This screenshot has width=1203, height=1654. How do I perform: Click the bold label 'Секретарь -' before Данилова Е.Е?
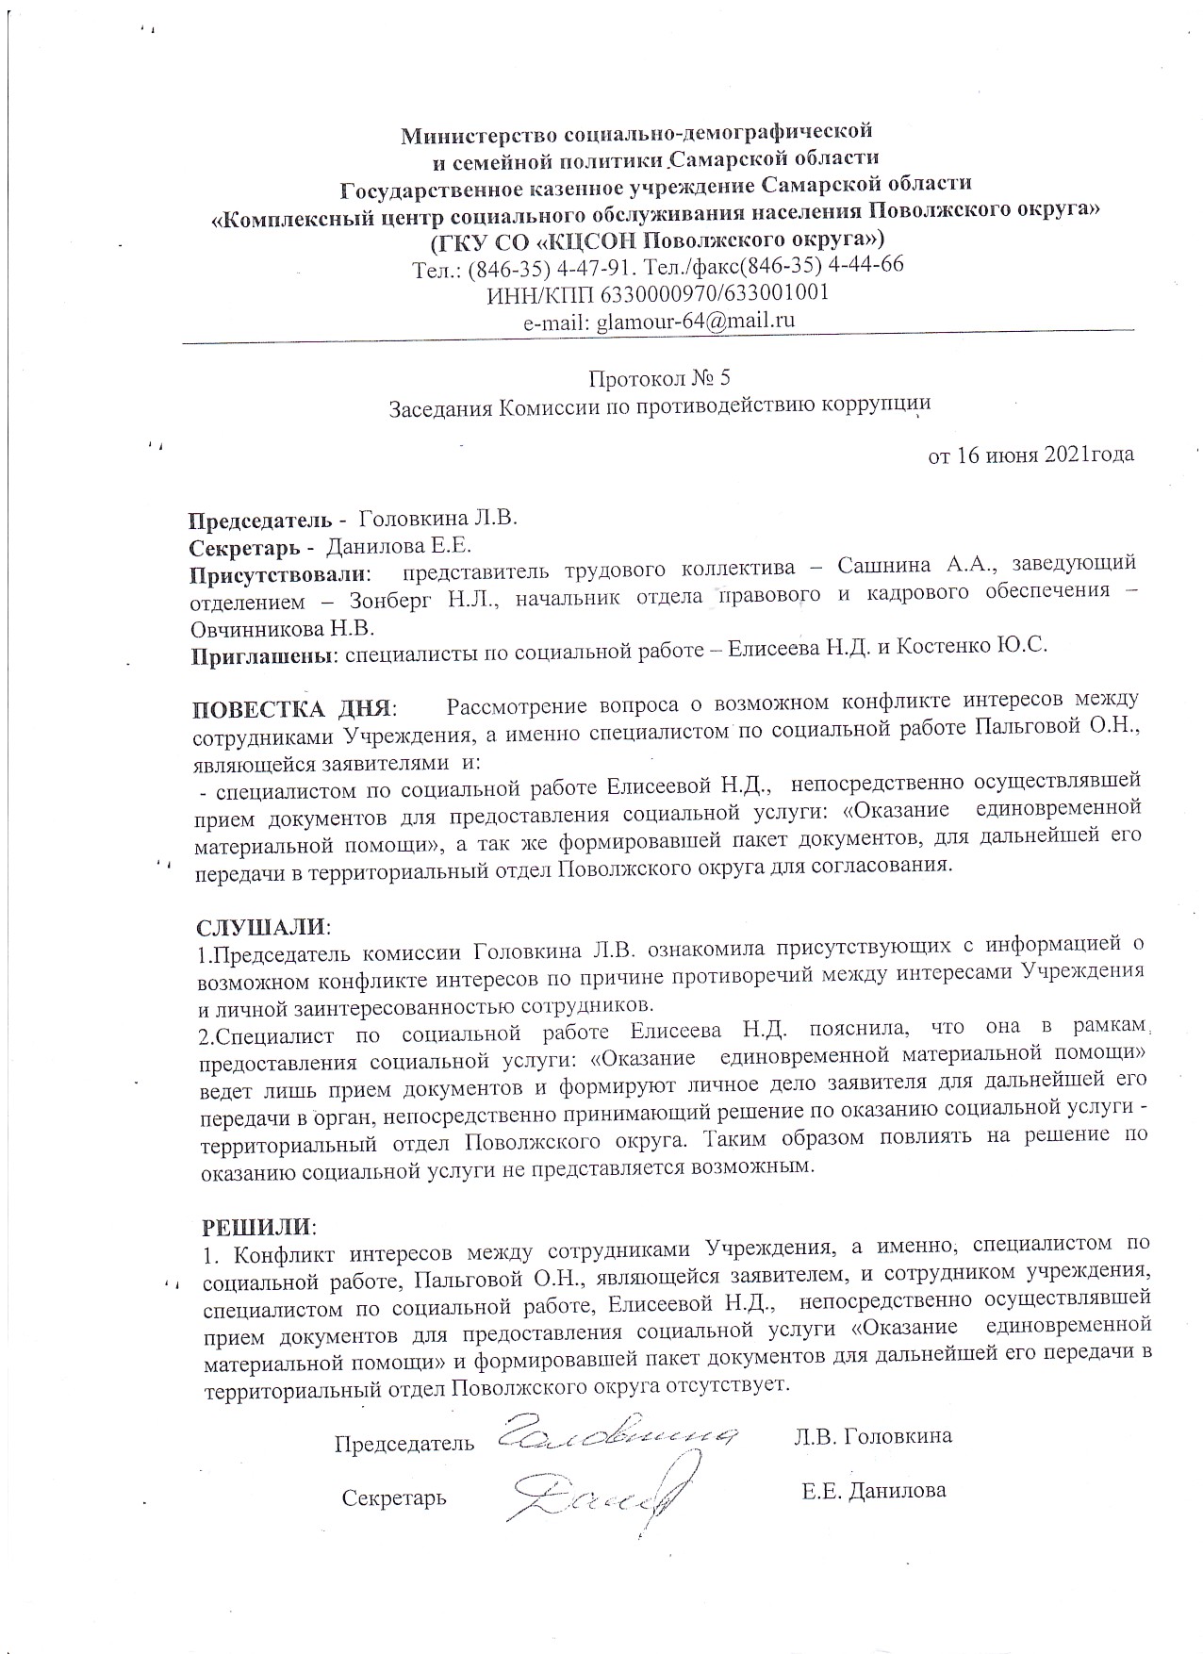point(252,547)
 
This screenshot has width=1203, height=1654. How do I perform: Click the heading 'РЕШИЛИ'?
point(255,1228)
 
